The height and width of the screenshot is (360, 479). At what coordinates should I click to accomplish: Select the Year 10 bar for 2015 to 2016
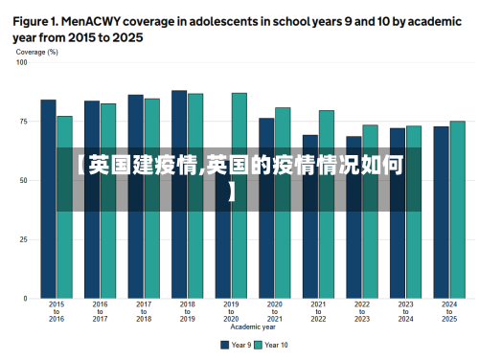coord(64,207)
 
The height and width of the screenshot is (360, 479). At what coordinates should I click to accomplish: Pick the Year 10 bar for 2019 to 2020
coord(239,195)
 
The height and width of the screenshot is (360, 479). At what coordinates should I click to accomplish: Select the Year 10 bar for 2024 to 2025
coord(457,210)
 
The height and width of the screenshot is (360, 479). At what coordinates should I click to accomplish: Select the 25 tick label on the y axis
coord(24,239)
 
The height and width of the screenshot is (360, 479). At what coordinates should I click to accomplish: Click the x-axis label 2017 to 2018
coord(144,311)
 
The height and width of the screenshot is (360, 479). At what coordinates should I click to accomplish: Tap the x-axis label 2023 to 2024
coord(405,311)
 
